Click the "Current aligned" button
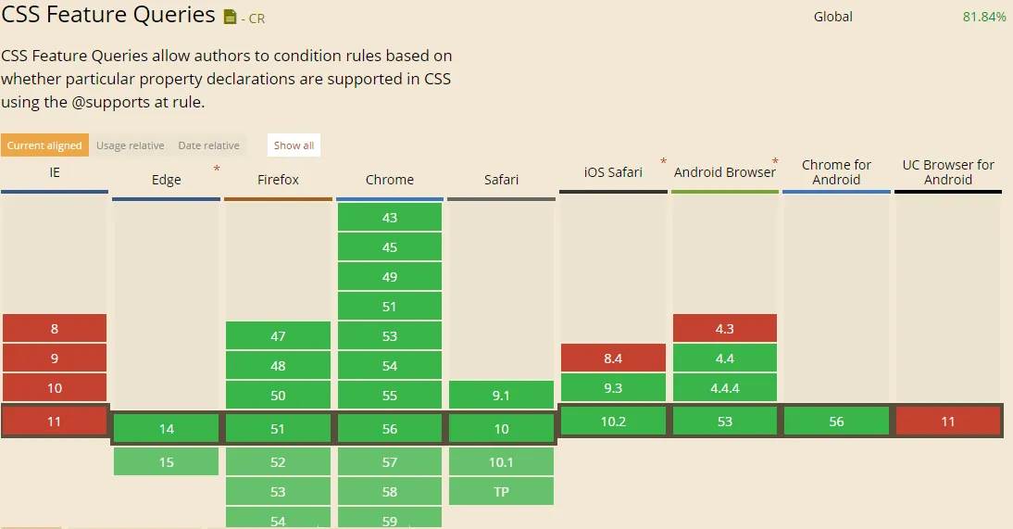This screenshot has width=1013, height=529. click(x=44, y=145)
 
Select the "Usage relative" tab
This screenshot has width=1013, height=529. click(x=131, y=145)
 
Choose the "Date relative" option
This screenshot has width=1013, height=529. click(x=208, y=145)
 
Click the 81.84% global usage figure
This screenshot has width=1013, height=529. click(x=984, y=17)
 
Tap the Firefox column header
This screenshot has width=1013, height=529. click(x=278, y=180)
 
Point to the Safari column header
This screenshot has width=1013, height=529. click(x=501, y=180)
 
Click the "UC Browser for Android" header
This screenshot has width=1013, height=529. click(x=947, y=172)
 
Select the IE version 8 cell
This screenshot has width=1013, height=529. click(x=55, y=329)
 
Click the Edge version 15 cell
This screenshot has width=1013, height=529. click(x=167, y=461)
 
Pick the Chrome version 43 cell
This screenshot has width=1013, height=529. click(x=390, y=218)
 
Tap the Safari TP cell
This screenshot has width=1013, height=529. click(x=501, y=491)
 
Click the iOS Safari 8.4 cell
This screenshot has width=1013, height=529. click(x=613, y=358)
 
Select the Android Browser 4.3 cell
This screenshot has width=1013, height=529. click(x=724, y=328)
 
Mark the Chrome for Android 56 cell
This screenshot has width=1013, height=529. click(x=836, y=422)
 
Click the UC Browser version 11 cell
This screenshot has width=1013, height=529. click(x=947, y=422)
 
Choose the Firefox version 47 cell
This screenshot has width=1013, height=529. click(x=278, y=336)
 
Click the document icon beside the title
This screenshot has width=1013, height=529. click(x=231, y=17)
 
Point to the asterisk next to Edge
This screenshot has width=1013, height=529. click(x=217, y=169)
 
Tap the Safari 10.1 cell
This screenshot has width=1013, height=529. click(x=501, y=461)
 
